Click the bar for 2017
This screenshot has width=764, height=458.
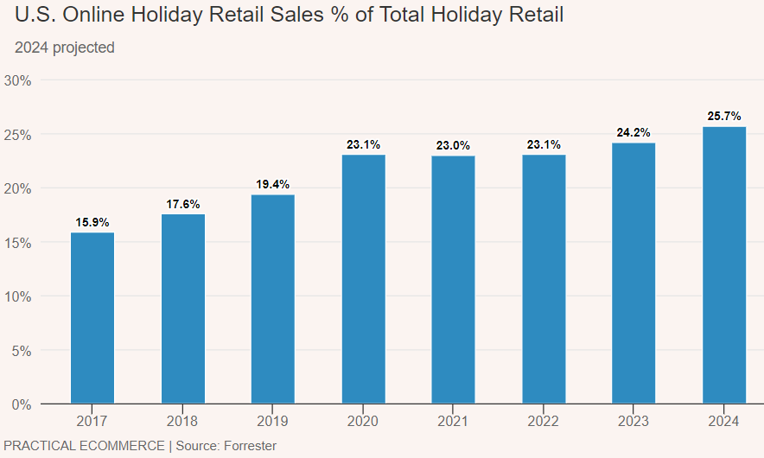92,318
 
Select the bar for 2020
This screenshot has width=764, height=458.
364,279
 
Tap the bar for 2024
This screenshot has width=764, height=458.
724,265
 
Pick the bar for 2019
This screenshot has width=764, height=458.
273,299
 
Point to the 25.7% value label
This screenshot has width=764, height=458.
724,116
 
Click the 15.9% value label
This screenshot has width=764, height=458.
92,222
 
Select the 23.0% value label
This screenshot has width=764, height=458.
454,145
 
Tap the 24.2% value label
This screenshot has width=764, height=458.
633,132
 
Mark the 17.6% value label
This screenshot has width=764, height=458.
183,204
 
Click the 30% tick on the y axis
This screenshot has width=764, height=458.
18,80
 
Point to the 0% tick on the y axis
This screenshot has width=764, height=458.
22,404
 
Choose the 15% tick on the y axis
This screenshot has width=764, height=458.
18,243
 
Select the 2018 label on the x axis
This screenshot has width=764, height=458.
183,422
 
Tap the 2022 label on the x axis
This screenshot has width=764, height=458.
544,422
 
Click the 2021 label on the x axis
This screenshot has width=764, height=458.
454,422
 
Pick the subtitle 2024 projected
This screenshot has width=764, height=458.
65,48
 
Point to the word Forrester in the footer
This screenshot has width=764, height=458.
250,446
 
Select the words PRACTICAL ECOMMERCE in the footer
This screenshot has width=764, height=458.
84,446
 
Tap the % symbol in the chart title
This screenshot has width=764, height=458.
363,16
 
